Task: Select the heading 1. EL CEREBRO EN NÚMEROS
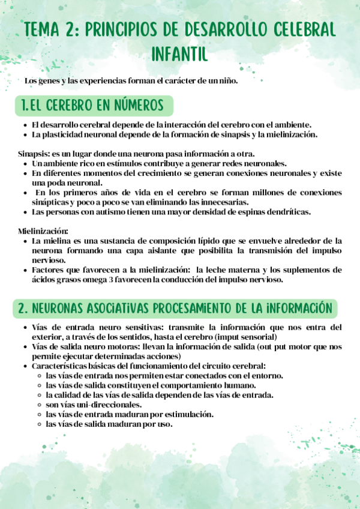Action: [x=92, y=106]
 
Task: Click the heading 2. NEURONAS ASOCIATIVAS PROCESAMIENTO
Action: [x=175, y=308]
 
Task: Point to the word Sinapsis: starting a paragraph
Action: [x=34, y=154]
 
